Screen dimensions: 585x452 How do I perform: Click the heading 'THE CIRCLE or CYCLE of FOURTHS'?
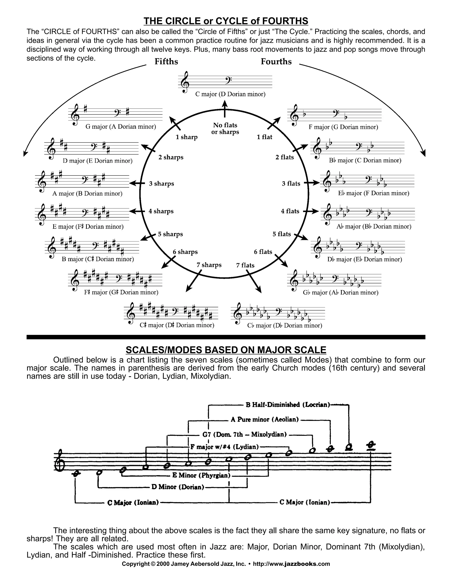tap(226, 21)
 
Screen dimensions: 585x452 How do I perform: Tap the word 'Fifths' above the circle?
tap(166, 62)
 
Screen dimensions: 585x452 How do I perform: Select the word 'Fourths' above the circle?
tap(276, 62)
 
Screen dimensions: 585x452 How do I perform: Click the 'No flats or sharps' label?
tap(225, 128)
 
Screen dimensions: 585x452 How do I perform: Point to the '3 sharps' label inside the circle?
tap(162, 184)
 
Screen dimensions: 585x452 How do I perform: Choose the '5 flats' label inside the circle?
tap(282, 234)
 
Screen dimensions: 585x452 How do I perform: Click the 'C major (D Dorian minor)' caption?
tap(230, 94)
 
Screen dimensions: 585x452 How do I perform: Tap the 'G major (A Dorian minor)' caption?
tap(121, 127)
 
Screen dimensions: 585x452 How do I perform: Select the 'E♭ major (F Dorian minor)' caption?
tap(374, 193)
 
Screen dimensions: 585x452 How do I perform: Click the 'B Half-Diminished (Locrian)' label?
tap(288, 405)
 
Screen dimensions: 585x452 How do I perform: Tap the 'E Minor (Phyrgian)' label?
tap(201, 476)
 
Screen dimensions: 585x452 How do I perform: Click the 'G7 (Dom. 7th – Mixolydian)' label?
tap(245, 434)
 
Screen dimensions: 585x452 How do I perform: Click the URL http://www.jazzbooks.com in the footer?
tap(291, 564)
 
